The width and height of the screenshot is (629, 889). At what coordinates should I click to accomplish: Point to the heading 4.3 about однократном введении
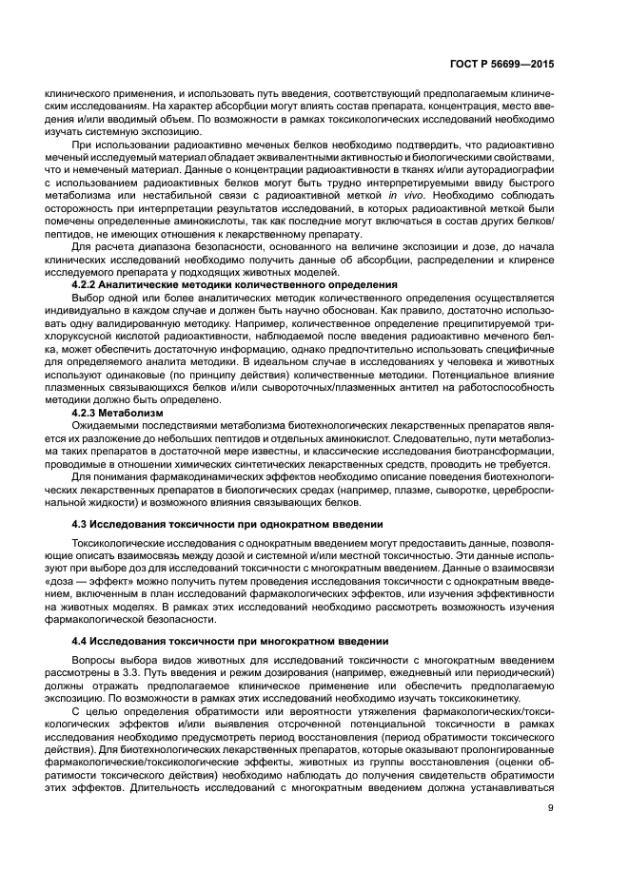[227, 524]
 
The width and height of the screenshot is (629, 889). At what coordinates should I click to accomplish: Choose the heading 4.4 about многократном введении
[232, 640]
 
